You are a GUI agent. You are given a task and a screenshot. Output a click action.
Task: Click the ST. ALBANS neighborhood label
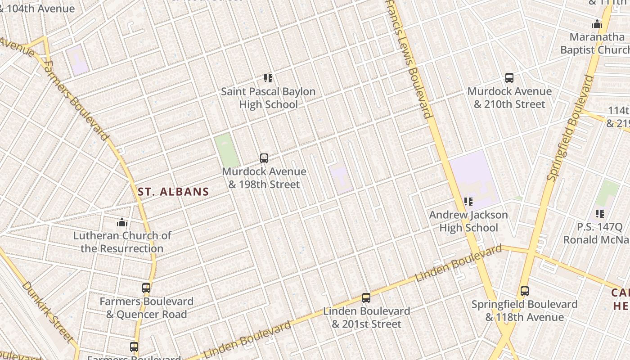click(173, 192)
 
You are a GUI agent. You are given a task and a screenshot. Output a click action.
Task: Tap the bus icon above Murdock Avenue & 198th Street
click(264, 158)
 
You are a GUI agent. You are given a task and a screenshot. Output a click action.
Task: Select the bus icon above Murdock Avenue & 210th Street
click(509, 78)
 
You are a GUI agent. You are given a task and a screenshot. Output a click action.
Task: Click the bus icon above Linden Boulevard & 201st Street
click(366, 298)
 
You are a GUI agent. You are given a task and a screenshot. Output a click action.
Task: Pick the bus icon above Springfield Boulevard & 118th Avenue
click(524, 291)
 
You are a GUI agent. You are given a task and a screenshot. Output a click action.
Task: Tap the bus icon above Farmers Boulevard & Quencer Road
click(146, 288)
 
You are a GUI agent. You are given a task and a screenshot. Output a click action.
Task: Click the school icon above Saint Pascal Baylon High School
click(268, 78)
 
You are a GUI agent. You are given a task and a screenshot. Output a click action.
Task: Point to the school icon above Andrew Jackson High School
click(468, 202)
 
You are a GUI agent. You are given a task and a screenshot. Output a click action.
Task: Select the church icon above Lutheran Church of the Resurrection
click(122, 222)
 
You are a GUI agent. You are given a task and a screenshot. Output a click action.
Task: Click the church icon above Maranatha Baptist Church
click(597, 24)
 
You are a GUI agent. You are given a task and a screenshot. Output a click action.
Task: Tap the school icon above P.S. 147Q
click(600, 213)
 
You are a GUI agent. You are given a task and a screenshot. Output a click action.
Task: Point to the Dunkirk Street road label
click(48, 311)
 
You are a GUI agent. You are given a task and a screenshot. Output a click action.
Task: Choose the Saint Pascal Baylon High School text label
click(268, 98)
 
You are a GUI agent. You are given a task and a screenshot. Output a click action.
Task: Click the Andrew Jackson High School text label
click(468, 221)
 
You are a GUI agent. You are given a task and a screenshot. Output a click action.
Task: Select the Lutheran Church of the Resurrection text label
click(122, 242)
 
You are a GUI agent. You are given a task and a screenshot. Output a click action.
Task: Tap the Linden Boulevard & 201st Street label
click(366, 318)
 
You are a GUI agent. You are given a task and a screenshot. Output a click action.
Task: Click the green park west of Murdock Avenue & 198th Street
click(226, 150)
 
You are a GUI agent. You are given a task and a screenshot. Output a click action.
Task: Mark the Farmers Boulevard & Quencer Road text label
click(146, 308)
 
